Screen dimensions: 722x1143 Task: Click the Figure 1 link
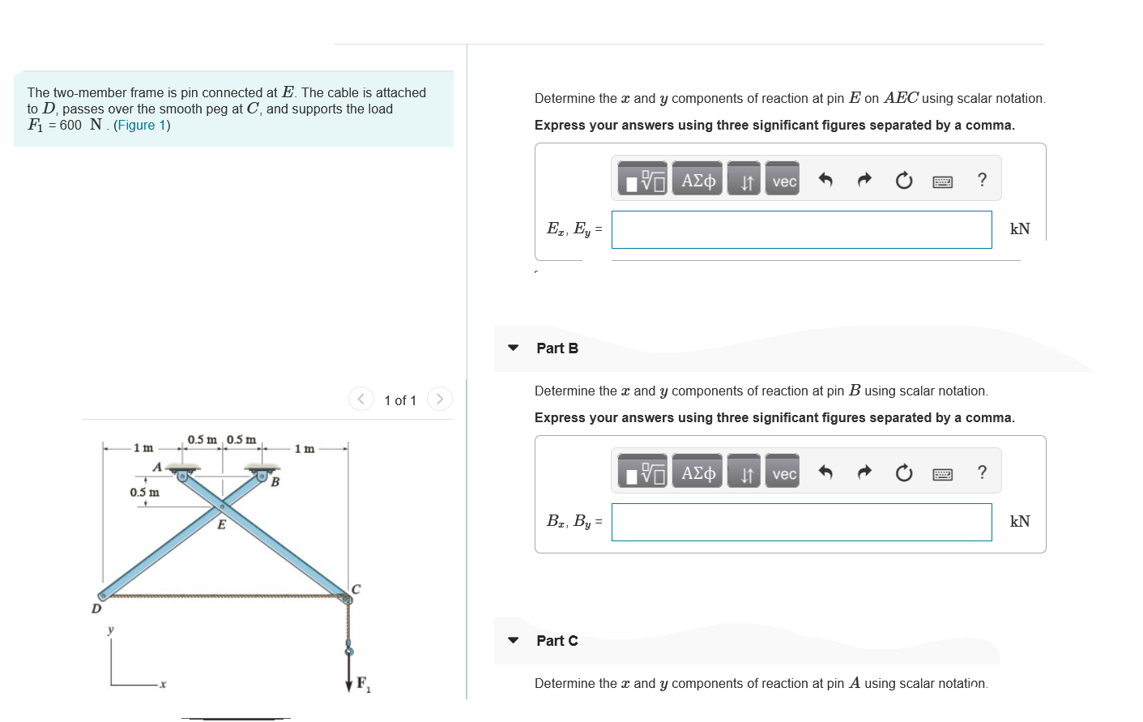(x=142, y=125)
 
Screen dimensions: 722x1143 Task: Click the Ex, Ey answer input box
(x=801, y=229)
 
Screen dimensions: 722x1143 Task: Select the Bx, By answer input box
(x=801, y=522)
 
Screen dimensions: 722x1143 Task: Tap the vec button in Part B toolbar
(x=783, y=473)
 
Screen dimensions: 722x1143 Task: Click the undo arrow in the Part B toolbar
(x=825, y=472)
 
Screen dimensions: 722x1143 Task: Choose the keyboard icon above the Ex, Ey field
(x=942, y=181)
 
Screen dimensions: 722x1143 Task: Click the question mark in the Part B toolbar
(x=982, y=472)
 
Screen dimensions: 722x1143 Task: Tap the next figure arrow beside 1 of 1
(x=439, y=399)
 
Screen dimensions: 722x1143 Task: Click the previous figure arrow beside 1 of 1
(x=361, y=399)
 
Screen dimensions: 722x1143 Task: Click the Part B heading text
(x=557, y=348)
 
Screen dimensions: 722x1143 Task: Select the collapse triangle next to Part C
(x=513, y=640)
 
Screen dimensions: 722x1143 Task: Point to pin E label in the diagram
(x=221, y=524)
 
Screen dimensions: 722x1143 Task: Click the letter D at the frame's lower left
(x=96, y=609)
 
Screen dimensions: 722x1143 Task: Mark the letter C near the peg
(x=356, y=589)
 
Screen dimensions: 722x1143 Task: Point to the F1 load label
(x=362, y=683)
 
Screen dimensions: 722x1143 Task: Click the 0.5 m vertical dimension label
(x=144, y=492)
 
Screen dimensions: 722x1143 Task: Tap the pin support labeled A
(x=184, y=473)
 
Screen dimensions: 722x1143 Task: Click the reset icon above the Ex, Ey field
(x=903, y=181)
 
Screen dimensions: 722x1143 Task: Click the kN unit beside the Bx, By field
(x=1020, y=522)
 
